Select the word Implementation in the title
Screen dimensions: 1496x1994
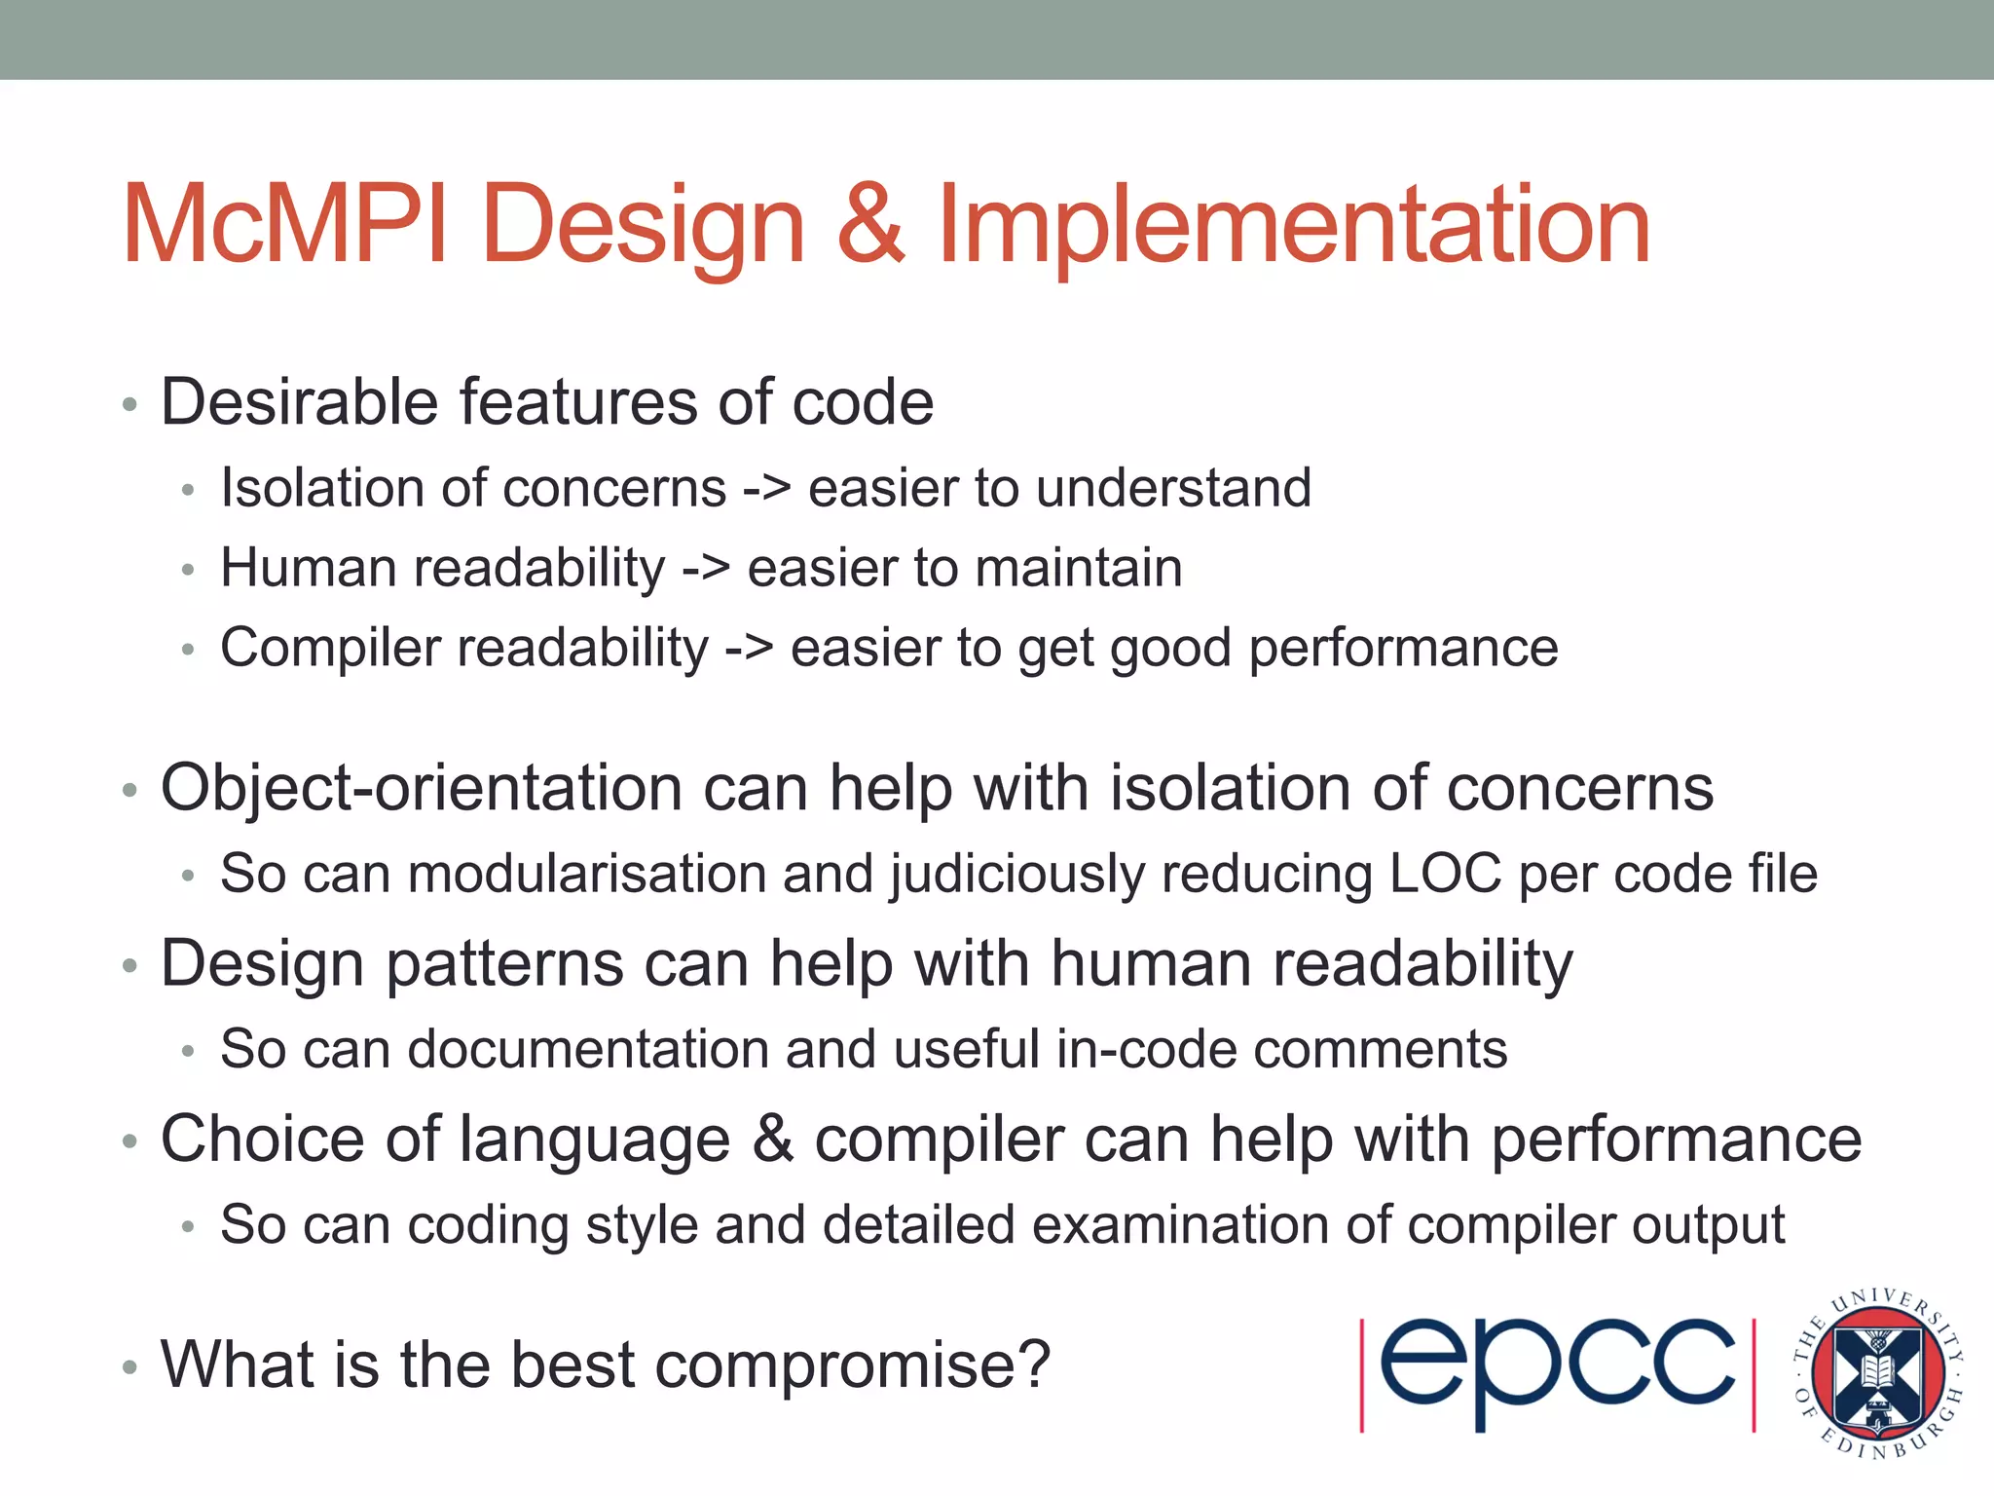1294,226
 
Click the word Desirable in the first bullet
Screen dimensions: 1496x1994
299,401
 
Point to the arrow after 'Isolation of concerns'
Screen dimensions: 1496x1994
766,488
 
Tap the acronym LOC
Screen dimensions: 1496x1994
1445,873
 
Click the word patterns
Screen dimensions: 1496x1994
504,964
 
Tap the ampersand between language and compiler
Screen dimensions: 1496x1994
772,1139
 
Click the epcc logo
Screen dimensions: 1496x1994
1557,1373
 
